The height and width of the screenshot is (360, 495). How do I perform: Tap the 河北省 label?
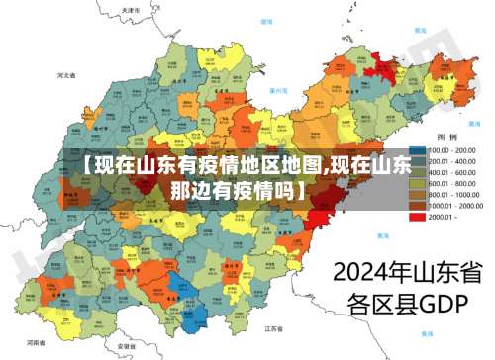(67, 74)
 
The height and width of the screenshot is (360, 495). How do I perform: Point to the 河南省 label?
(37, 341)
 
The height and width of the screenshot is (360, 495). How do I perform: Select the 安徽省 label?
(126, 347)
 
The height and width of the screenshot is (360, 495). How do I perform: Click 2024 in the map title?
(359, 271)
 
